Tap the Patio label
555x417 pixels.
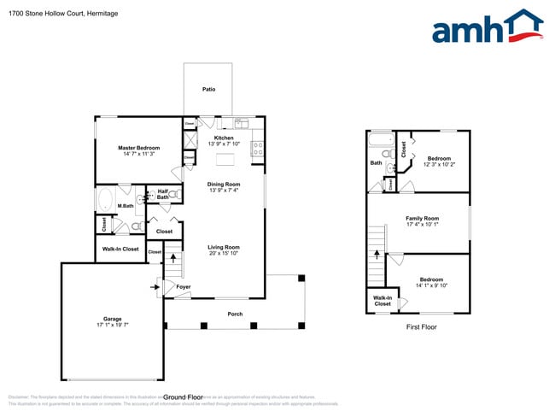208,89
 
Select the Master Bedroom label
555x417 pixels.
138,148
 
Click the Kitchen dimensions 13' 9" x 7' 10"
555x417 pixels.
224,144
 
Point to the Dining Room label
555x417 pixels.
224,184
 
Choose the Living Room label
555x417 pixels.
224,247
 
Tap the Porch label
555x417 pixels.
235,314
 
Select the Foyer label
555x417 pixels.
184,287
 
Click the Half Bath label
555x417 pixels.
162,194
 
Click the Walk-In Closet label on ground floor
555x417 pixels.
120,249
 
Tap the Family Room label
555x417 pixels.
422,219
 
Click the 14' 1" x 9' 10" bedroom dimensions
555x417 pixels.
431,285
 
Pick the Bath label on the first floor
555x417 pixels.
376,162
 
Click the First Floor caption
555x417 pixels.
422,326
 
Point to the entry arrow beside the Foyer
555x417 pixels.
155,287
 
